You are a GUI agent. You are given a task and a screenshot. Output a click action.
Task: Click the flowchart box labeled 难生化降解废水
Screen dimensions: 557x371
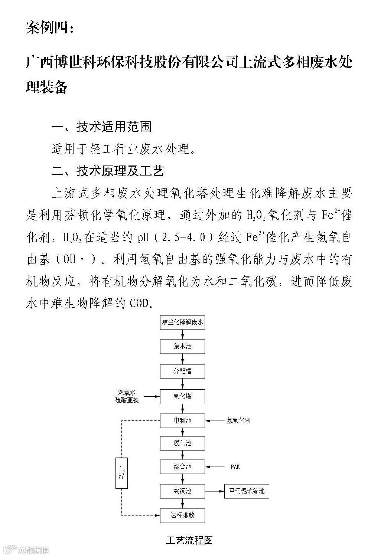[182, 322]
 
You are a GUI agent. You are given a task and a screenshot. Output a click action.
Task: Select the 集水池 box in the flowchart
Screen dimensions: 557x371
[182, 346]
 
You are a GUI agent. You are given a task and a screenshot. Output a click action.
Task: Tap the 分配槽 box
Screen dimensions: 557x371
[182, 371]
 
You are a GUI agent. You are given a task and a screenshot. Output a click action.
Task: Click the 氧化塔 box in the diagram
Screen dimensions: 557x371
[182, 396]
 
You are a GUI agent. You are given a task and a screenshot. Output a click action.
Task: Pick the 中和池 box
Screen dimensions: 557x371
[182, 420]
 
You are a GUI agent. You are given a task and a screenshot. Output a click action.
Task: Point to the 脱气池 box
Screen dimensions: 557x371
[182, 443]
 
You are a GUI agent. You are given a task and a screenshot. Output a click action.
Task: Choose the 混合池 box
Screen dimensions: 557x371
[182, 466]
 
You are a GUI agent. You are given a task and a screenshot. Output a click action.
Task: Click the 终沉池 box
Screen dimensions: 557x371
[182, 491]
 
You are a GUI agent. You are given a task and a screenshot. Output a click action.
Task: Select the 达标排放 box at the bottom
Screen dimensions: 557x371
[182, 515]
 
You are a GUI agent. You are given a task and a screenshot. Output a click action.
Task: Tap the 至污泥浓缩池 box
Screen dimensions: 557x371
[247, 491]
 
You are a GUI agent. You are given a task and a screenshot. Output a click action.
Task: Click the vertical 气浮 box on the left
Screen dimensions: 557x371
[121, 473]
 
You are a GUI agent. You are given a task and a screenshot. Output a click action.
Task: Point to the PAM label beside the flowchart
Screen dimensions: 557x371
[235, 466]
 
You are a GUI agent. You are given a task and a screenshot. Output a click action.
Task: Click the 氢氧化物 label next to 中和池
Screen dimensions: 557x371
[238, 420]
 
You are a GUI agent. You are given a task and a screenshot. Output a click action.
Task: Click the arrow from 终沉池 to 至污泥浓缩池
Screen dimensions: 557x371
[214, 491]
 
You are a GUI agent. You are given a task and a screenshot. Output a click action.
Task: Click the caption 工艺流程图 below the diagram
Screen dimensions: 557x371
[189, 540]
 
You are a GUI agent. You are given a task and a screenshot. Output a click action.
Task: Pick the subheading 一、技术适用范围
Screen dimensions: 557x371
[101, 127]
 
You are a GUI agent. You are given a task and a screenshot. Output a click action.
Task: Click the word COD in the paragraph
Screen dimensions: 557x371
[139, 303]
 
